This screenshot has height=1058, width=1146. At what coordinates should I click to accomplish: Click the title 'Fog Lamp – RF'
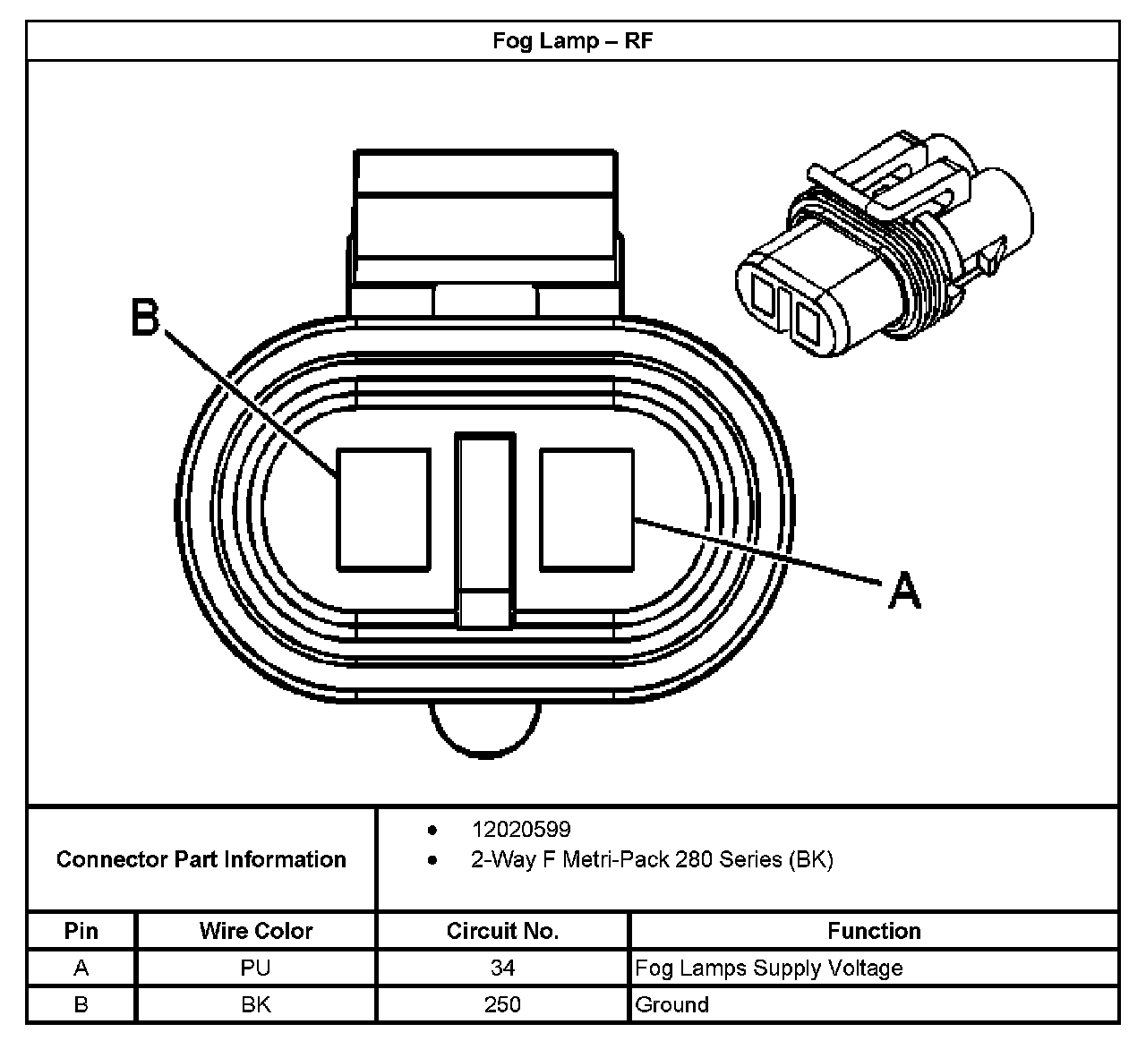pos(572,41)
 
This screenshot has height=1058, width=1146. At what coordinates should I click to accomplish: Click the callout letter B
pos(145,317)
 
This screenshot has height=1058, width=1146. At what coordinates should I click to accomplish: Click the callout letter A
pos(904,591)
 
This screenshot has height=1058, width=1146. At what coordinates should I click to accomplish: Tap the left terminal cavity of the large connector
pos(383,509)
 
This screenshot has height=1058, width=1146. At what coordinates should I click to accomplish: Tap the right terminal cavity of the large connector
pos(586,509)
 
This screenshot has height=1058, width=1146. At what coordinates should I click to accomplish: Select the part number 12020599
pos(521,829)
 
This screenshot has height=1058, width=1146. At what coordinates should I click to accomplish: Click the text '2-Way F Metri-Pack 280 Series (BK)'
pos(652,859)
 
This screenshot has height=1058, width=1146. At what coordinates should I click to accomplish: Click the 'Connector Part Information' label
pos(201,859)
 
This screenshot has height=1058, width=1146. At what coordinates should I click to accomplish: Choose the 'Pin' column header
pos(81,931)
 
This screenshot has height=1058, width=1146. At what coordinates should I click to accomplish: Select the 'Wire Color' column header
pos(256,931)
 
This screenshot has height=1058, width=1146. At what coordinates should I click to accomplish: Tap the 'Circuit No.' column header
pos(502,931)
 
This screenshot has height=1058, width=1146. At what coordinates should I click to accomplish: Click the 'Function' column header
pos(874,931)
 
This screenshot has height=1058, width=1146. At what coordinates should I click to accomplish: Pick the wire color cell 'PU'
pos(256,968)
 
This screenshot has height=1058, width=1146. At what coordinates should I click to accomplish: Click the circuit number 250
pos(502,1004)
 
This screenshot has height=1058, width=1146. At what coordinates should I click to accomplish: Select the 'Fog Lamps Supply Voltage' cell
pos(768,968)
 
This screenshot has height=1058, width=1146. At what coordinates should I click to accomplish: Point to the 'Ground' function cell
pos(671,1004)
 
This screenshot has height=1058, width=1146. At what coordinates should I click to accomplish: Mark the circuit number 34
pos(502,968)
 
